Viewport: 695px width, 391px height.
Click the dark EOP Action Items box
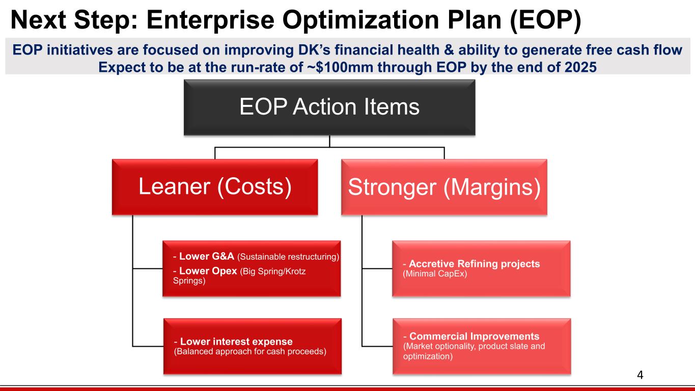pos(329,107)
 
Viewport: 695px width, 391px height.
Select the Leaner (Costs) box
pos(215,187)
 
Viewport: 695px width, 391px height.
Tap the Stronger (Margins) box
pos(444,187)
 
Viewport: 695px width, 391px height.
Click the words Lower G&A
pos(207,256)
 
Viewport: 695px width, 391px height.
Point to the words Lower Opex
pos(208,271)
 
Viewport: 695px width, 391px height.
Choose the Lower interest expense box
pos(252,346)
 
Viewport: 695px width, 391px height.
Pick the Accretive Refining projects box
pos(481,269)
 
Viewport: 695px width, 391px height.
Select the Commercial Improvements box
pos(482,346)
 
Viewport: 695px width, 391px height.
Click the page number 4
pos(640,375)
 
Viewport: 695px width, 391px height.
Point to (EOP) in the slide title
pos(545,20)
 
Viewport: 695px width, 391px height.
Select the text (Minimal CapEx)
pos(435,274)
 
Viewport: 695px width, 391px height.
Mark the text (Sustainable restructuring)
pos(288,257)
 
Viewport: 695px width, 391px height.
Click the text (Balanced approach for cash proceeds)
pos(250,351)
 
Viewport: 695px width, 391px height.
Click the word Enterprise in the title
pos(210,20)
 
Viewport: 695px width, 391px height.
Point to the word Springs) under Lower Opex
pos(189,281)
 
